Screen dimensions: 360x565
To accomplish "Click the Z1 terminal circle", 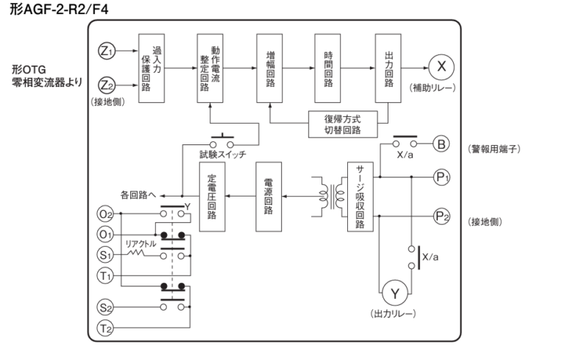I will click(x=106, y=51).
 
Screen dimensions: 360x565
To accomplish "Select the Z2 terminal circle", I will click(x=106, y=84).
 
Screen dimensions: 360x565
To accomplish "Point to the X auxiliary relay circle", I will click(x=441, y=67).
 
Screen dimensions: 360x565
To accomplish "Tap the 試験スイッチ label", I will click(x=223, y=154).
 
